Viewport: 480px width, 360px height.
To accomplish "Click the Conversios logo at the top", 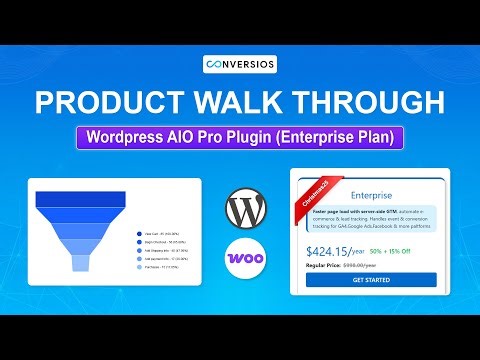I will click(239, 66).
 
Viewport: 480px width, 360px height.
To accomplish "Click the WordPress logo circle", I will click(246, 210).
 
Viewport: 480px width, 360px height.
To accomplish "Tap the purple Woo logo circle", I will click(246, 258).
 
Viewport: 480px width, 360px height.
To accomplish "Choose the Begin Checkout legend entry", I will click(162, 242).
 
